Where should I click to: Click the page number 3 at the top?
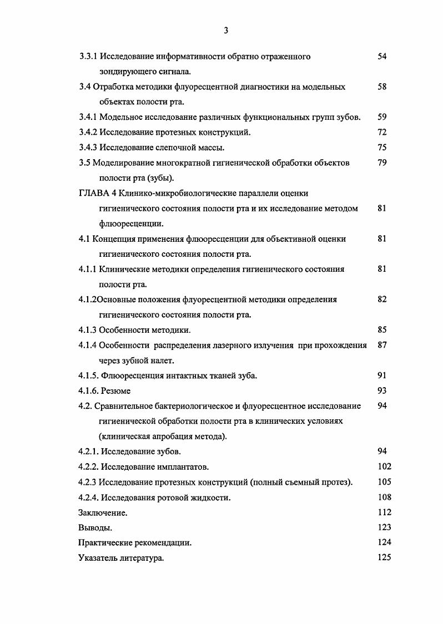click(226, 31)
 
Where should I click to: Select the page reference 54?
click(381, 56)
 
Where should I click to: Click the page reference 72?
click(381, 132)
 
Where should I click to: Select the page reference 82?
click(381, 299)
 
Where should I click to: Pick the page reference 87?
click(381, 345)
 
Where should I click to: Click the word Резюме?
click(115, 391)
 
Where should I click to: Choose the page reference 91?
click(381, 376)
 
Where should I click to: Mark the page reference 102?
click(384, 466)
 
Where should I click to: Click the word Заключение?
click(103, 513)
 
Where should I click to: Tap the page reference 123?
click(384, 527)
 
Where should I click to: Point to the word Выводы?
click(95, 528)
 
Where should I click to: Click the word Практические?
click(107, 543)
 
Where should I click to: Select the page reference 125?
click(384, 557)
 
